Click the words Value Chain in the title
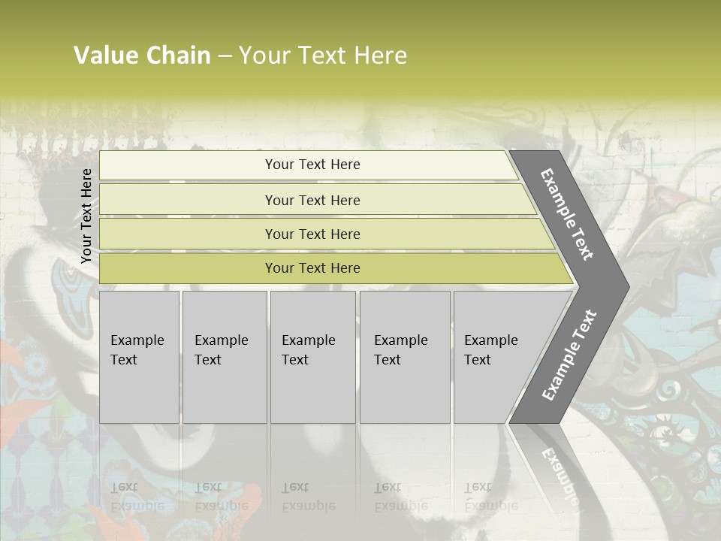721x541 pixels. [142, 56]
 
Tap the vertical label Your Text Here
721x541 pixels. [86, 216]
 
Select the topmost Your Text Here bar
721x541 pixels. [312, 165]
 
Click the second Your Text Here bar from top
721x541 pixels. [312, 200]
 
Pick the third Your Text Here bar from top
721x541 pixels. [312, 234]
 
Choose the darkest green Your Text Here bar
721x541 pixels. [312, 268]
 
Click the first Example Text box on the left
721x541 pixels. [139, 356]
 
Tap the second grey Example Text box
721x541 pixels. [224, 356]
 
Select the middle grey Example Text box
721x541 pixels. [312, 356]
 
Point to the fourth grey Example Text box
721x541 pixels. [404, 356]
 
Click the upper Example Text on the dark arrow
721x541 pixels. [567, 215]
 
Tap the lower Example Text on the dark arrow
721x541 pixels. [569, 355]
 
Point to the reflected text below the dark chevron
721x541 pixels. [560, 473]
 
